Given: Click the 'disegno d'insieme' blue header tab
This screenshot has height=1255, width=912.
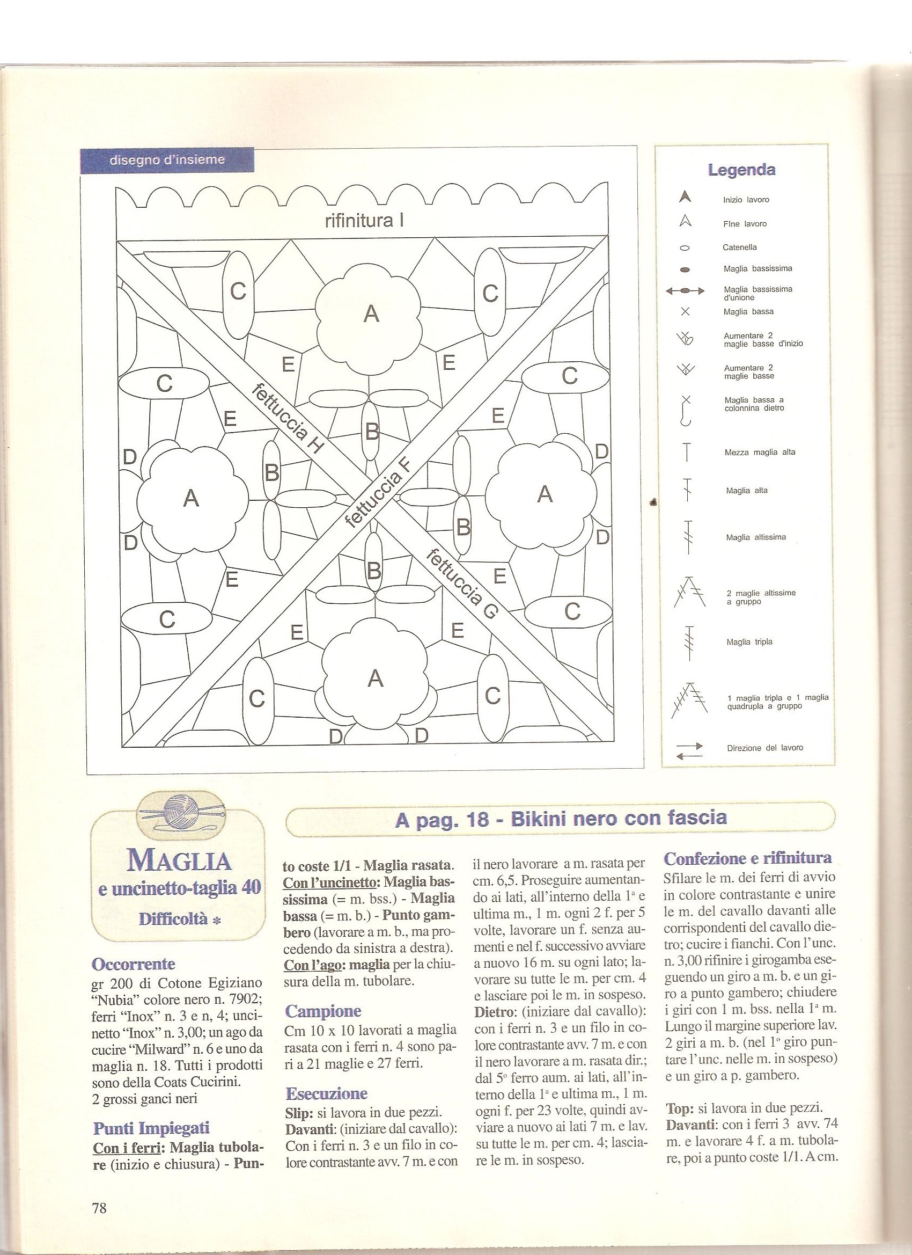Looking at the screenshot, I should (x=167, y=160).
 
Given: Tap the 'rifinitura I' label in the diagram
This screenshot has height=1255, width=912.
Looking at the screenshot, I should (x=364, y=221).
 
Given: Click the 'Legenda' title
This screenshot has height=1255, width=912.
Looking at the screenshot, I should (x=741, y=170).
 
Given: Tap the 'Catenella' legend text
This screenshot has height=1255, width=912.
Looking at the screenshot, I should (x=739, y=247).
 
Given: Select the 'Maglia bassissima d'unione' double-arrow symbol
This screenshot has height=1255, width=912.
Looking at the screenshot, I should (x=685, y=290).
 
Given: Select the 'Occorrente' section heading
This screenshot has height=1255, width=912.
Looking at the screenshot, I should (x=133, y=964).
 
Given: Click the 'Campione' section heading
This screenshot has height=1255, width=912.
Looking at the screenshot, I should (x=323, y=1011).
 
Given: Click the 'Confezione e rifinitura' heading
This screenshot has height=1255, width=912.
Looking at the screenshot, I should (x=748, y=858).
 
